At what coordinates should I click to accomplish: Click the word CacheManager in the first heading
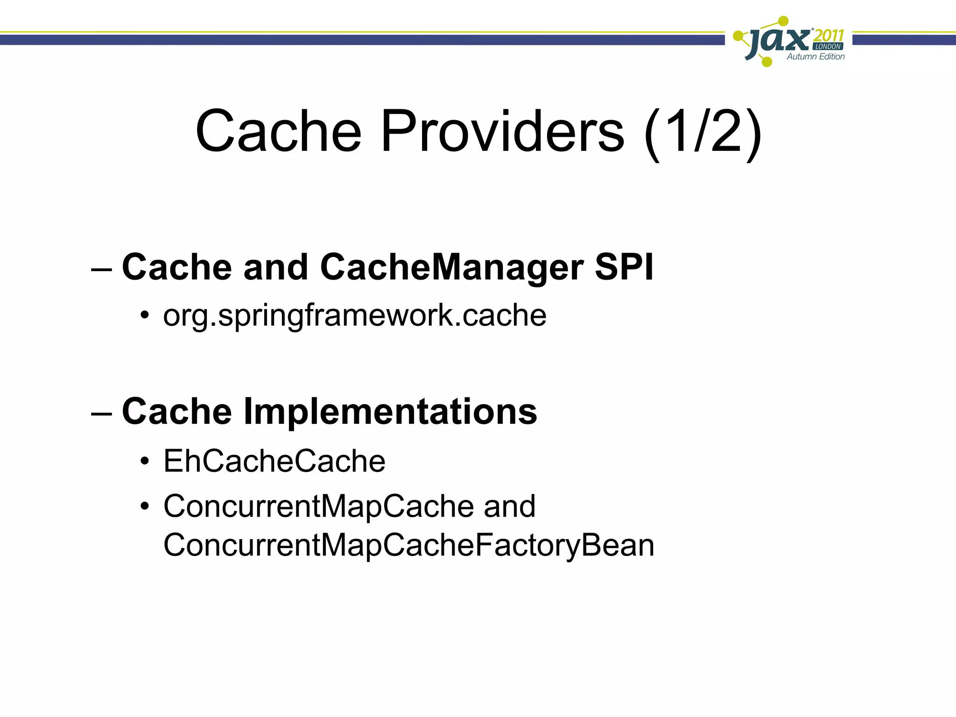point(451,267)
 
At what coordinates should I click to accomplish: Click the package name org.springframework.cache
point(354,316)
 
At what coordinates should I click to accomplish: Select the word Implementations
point(390,412)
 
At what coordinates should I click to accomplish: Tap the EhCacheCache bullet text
point(274,461)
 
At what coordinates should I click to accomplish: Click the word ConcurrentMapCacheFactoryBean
point(408,545)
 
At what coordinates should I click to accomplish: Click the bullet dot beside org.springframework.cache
point(145,316)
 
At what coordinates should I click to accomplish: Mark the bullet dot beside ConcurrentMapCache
point(145,507)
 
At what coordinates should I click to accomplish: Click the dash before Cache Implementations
point(102,413)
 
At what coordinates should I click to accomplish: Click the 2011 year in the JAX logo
point(828,35)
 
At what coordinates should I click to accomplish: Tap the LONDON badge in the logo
point(828,47)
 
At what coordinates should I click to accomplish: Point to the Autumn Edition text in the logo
point(815,57)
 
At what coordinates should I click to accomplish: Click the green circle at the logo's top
point(784,21)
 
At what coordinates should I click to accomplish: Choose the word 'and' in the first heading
point(275,267)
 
